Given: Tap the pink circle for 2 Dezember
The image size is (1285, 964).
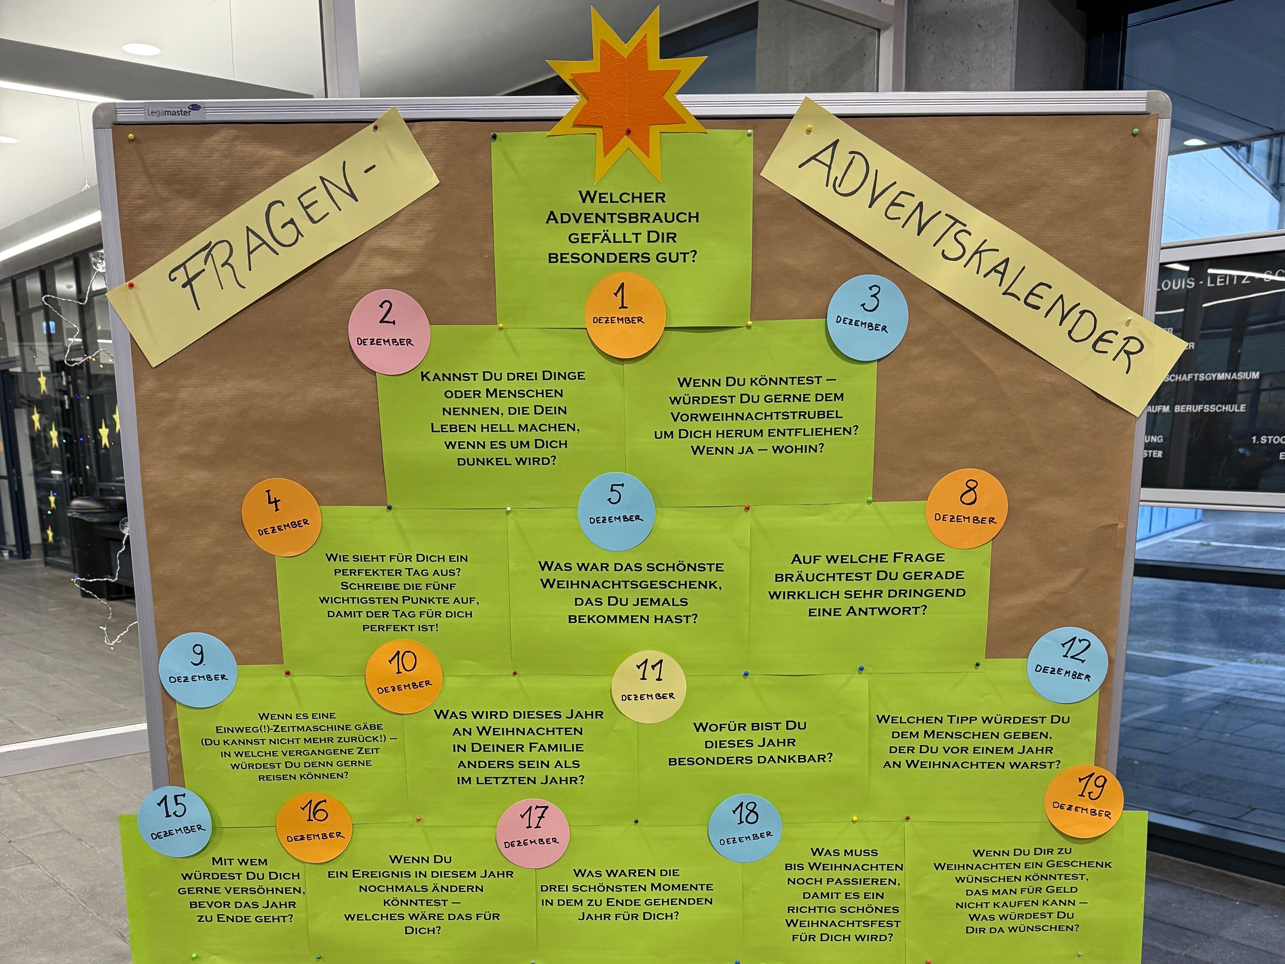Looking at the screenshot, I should click(x=389, y=332).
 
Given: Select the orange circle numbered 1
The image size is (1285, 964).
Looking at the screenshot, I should click(x=625, y=314).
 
